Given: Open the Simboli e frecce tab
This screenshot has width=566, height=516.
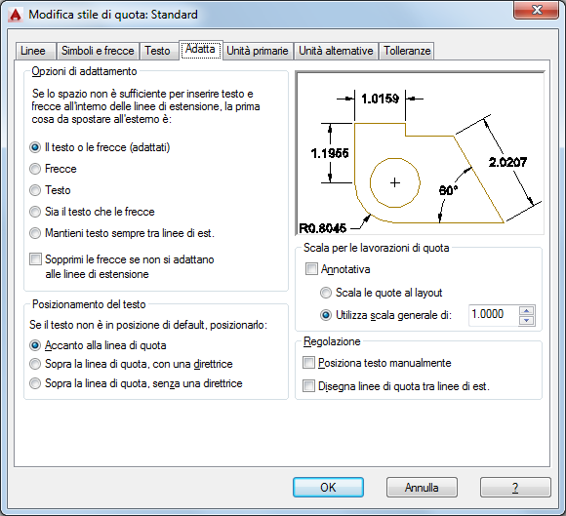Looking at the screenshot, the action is point(98,51).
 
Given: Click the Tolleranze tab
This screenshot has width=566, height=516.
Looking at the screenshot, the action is point(407,51).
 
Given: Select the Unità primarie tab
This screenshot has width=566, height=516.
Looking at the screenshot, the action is point(258,51).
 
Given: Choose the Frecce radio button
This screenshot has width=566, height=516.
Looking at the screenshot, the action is point(35,169).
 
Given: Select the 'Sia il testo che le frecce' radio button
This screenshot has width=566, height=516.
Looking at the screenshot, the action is point(35,212).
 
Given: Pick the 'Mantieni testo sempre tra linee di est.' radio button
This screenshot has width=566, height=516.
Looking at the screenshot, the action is point(35,233).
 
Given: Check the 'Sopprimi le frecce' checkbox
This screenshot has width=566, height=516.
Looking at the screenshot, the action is point(35,259).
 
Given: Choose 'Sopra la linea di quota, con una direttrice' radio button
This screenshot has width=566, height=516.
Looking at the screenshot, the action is point(35,364).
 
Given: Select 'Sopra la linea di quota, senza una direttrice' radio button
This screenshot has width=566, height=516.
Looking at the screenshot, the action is point(35,383).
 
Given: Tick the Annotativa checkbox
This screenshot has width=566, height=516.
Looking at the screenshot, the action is point(311,269).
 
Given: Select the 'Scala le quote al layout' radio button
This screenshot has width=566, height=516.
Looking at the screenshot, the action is point(326,293).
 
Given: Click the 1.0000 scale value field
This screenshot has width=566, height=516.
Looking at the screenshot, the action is point(493,315).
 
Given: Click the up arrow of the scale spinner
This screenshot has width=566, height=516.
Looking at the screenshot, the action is point(527,311).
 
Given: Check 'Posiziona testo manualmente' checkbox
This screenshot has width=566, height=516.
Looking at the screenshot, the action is point(308,363).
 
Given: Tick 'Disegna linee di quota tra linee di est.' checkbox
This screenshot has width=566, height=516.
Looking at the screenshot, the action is point(308,386).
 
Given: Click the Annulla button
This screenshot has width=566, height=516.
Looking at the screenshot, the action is point(422,488).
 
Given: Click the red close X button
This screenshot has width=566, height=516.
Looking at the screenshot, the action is point(537,10).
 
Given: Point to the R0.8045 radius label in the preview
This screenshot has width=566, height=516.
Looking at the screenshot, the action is point(322,228).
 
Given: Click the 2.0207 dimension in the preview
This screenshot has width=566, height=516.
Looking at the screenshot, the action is point(507,162).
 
